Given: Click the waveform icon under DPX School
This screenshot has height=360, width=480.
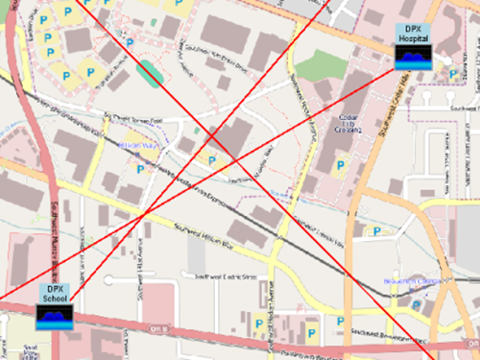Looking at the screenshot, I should (55, 316).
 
